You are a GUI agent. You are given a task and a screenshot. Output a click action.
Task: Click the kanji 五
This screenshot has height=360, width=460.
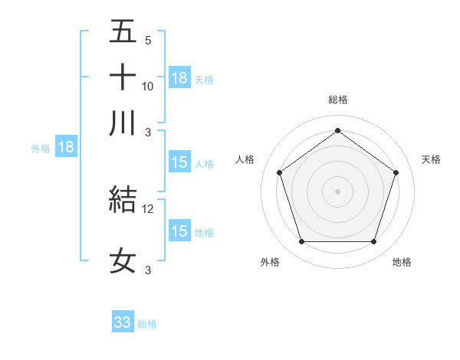click(x=123, y=32)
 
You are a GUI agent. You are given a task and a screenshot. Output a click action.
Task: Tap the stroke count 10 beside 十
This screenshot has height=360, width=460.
click(x=148, y=87)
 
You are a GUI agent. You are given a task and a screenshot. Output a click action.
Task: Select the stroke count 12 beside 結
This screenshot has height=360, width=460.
click(x=148, y=208)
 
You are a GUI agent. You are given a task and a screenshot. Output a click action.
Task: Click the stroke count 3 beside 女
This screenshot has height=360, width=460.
click(x=148, y=270)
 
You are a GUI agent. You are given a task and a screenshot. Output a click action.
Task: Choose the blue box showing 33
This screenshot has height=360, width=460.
click(x=123, y=322)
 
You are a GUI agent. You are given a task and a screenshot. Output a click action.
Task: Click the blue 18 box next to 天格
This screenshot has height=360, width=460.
click(x=179, y=78)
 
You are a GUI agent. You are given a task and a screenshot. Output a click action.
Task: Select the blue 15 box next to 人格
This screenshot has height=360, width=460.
click(x=179, y=162)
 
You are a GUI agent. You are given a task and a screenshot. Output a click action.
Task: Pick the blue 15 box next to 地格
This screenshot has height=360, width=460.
click(x=179, y=231)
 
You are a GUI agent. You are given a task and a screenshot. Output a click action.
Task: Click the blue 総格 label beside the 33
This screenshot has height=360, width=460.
click(x=147, y=324)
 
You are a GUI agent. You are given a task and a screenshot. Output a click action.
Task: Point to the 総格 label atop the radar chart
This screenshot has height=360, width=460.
click(x=337, y=100)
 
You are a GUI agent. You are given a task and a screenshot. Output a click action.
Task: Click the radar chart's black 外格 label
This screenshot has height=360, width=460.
click(x=270, y=263)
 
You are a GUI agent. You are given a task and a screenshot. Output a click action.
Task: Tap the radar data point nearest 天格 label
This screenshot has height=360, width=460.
click(x=396, y=172)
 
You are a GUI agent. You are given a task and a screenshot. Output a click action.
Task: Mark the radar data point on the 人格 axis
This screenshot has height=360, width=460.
click(x=280, y=172)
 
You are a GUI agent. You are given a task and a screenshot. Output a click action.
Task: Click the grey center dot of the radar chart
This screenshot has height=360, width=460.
click(x=337, y=191)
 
